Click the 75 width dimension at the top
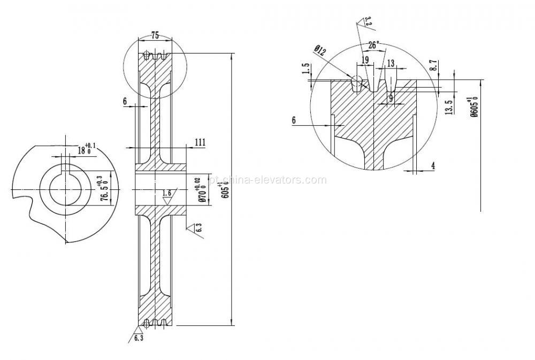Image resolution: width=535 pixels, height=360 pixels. (x=155, y=36)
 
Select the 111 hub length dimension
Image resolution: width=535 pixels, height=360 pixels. (x=200, y=142)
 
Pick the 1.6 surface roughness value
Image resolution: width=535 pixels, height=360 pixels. (x=167, y=193)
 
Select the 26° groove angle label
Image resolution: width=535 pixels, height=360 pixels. (x=373, y=44)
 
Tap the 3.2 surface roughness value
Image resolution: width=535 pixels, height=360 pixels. (x=368, y=21)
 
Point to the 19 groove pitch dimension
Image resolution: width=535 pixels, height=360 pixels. (x=365, y=60)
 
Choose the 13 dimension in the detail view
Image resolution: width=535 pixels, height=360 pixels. (x=391, y=64)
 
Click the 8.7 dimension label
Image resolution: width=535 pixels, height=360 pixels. (x=434, y=66)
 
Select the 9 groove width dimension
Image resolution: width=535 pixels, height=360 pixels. (x=391, y=98)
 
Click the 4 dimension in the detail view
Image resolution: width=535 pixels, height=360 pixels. (x=433, y=166)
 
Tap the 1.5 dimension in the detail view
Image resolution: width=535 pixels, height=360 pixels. (x=305, y=69)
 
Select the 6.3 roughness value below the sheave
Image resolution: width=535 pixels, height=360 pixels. (x=139, y=339)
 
